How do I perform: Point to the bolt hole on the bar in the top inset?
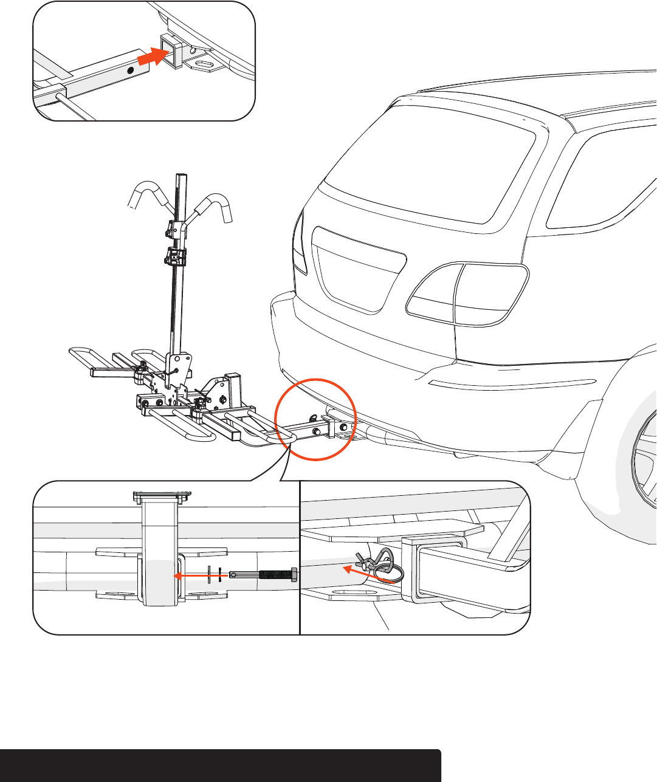[x=130, y=70]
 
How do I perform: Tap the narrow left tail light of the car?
[x=298, y=243]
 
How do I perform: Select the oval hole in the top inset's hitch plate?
[x=205, y=64]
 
